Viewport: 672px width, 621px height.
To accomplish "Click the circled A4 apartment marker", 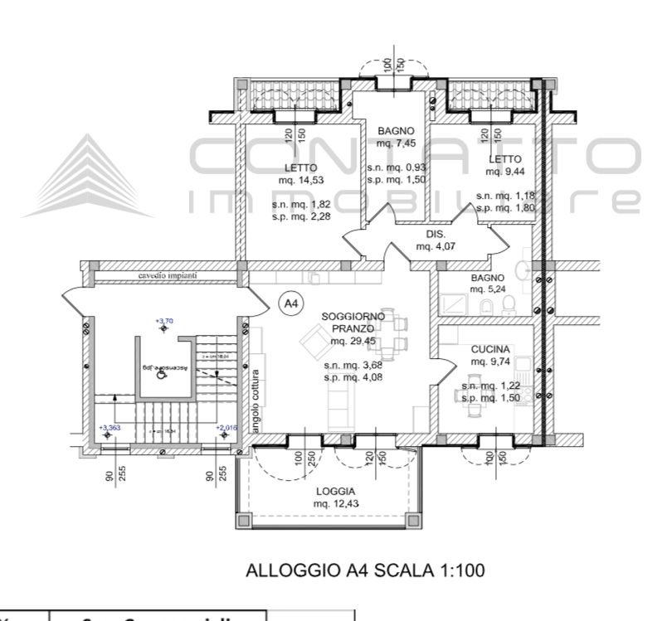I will point(290,304).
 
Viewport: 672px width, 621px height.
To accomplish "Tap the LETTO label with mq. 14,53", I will point(297,173).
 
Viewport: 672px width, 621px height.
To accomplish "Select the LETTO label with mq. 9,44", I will point(504,166).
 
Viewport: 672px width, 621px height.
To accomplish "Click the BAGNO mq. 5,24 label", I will point(488,284).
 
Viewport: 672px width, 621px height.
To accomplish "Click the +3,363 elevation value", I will point(110,428).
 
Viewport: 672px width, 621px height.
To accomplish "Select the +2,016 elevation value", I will point(226,428).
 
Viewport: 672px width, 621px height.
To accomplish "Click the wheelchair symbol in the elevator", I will point(163,374).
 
